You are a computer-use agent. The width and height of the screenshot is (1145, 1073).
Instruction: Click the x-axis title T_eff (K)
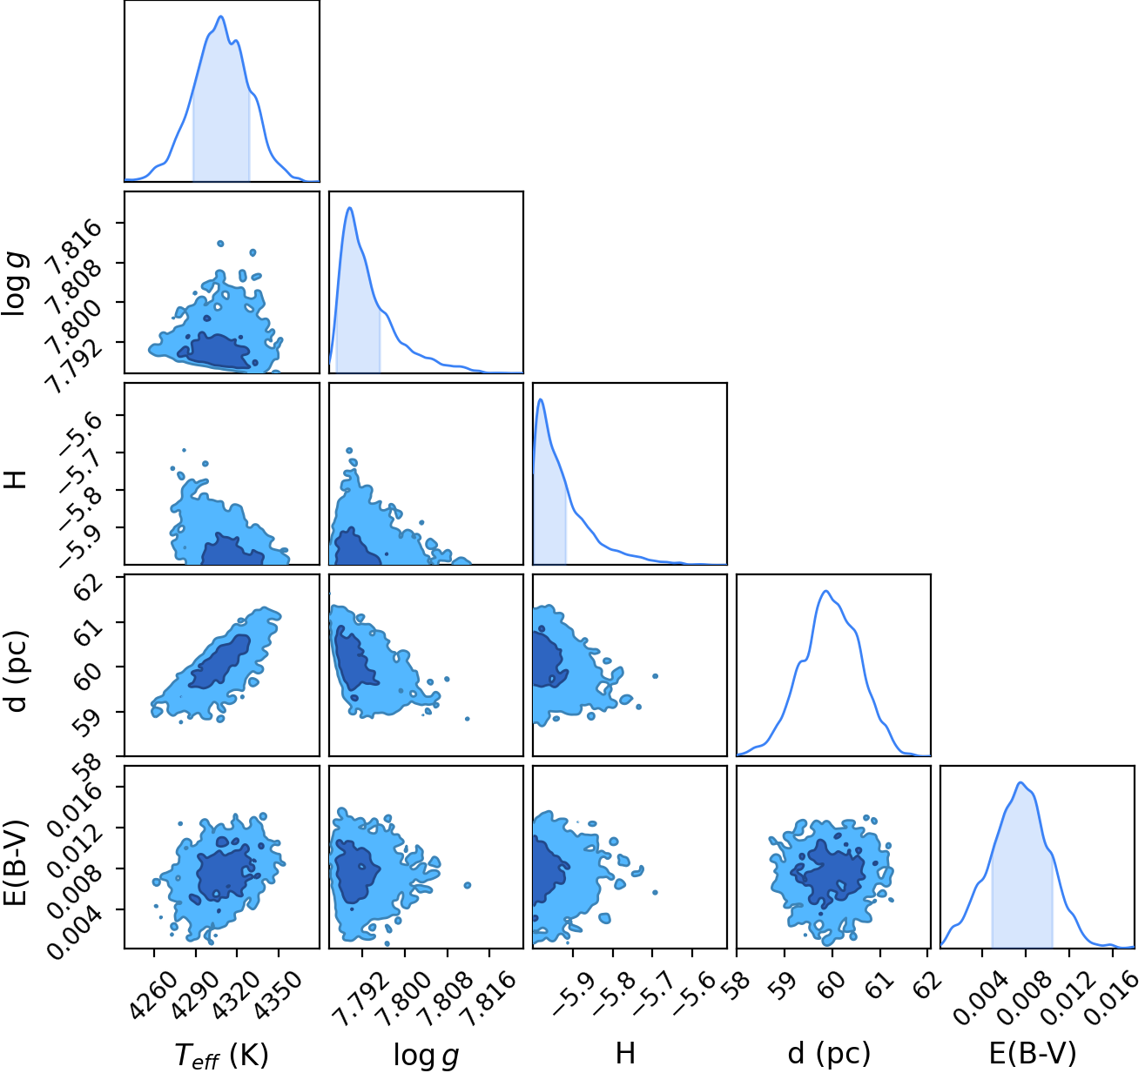tap(221, 1056)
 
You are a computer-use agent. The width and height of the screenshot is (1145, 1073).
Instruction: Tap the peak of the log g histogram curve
tap(349, 207)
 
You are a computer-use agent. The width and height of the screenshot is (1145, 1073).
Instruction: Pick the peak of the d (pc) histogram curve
tap(826, 591)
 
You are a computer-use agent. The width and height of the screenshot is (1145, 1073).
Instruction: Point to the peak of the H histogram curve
tap(541, 399)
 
